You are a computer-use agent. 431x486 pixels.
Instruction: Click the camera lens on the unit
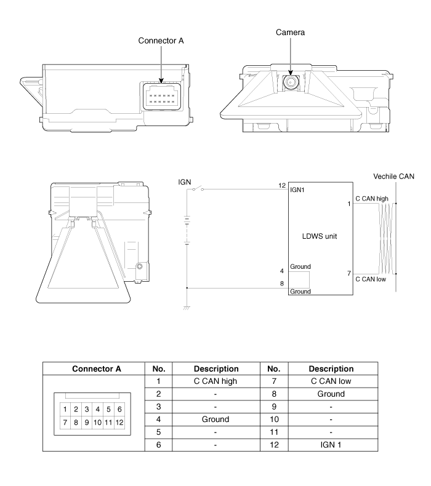[291, 82]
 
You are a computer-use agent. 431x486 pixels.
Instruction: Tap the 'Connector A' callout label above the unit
[161, 41]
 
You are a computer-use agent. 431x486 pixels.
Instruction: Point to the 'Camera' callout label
[290, 32]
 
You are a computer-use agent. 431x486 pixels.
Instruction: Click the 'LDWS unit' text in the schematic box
[320, 236]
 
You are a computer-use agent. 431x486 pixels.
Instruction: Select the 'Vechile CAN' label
[393, 177]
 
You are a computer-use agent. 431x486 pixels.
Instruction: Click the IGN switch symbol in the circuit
[198, 189]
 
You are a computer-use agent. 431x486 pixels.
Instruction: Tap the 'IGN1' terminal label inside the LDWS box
[297, 190]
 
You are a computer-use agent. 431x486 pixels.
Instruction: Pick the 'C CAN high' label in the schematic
[372, 199]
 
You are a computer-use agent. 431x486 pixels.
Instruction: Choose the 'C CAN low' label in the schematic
[371, 279]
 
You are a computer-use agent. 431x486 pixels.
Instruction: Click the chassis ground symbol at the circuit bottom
[187, 308]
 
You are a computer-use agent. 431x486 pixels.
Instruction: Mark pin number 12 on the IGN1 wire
[282, 185]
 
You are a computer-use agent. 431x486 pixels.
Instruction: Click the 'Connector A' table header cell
[97, 369]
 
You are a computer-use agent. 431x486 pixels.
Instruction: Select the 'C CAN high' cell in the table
[216, 381]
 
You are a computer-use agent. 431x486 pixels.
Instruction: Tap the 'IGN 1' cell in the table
[331, 445]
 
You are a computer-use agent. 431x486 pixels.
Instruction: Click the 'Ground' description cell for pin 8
[331, 394]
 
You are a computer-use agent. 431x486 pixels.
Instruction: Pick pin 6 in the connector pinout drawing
[119, 409]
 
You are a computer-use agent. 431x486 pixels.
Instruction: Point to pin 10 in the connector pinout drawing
[97, 423]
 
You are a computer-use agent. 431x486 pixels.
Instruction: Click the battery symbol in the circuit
[187, 230]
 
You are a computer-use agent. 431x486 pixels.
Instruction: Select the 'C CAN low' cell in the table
[331, 381]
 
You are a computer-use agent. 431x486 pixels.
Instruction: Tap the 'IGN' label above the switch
[184, 182]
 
